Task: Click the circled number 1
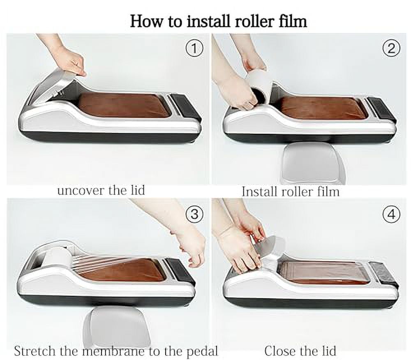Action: point(194,49)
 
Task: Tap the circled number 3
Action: point(194,214)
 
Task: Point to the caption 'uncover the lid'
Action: point(101,190)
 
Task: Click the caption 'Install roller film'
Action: point(290,191)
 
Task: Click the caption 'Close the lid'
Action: point(300,351)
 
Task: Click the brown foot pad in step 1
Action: point(123,105)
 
